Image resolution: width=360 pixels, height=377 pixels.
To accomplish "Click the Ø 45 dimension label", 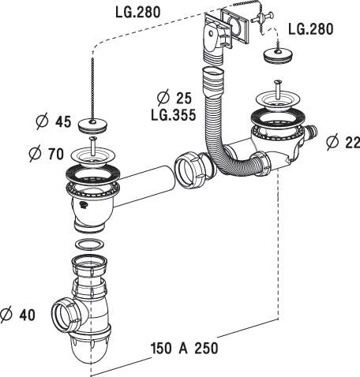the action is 54,122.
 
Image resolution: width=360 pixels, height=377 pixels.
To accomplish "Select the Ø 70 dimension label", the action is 47,154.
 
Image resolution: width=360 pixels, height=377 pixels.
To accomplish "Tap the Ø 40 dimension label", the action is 18,315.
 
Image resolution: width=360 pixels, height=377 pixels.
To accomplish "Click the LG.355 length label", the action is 174,115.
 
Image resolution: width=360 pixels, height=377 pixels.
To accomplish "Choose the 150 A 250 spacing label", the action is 184,348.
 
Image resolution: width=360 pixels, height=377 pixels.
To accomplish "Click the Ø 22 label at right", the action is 343,142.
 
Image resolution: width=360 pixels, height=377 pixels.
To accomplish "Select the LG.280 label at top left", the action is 138,12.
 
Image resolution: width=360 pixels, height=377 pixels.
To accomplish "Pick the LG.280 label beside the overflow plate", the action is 311,29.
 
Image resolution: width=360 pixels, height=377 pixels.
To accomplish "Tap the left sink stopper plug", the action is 92,125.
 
